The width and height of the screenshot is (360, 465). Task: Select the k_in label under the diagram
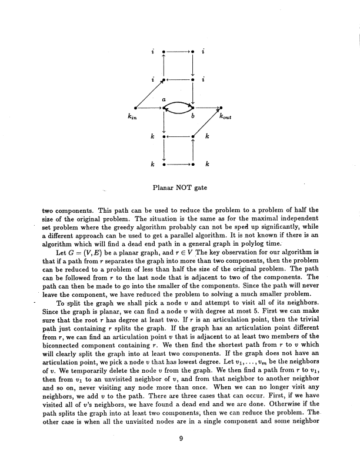tap(131, 118)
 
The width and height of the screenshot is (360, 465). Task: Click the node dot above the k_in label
tap(136, 108)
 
